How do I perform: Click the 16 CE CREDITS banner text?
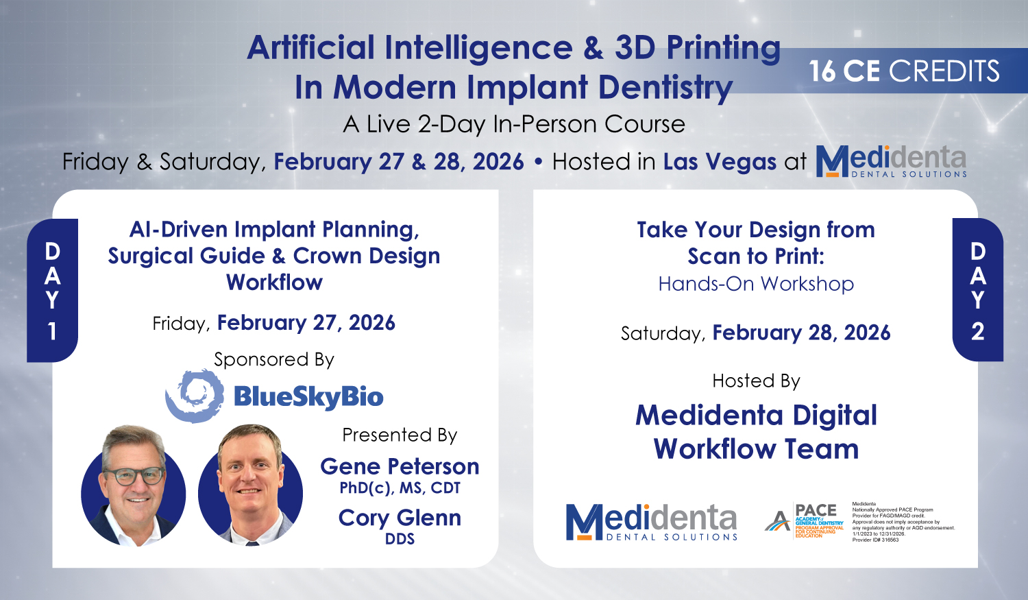coord(904,71)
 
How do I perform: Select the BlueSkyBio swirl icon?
coord(195,395)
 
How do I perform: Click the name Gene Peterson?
coord(400,466)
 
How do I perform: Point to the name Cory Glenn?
coord(400,518)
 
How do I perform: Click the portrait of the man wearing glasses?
coord(134,485)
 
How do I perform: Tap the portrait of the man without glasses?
coord(250,485)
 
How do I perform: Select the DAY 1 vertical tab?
coord(52,290)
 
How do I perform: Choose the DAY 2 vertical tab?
coord(978,290)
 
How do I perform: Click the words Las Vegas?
coord(720,162)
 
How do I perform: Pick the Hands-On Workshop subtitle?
coord(756,284)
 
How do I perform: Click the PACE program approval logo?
coord(805,522)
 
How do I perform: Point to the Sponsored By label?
coord(274,359)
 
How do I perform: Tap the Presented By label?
coord(400,435)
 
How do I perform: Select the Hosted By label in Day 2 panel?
coord(756,381)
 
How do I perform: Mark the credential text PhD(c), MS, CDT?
coord(400,488)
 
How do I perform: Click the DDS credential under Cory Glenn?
coord(400,539)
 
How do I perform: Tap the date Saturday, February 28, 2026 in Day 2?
coord(756,333)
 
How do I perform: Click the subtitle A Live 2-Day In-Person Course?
coord(514,124)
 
